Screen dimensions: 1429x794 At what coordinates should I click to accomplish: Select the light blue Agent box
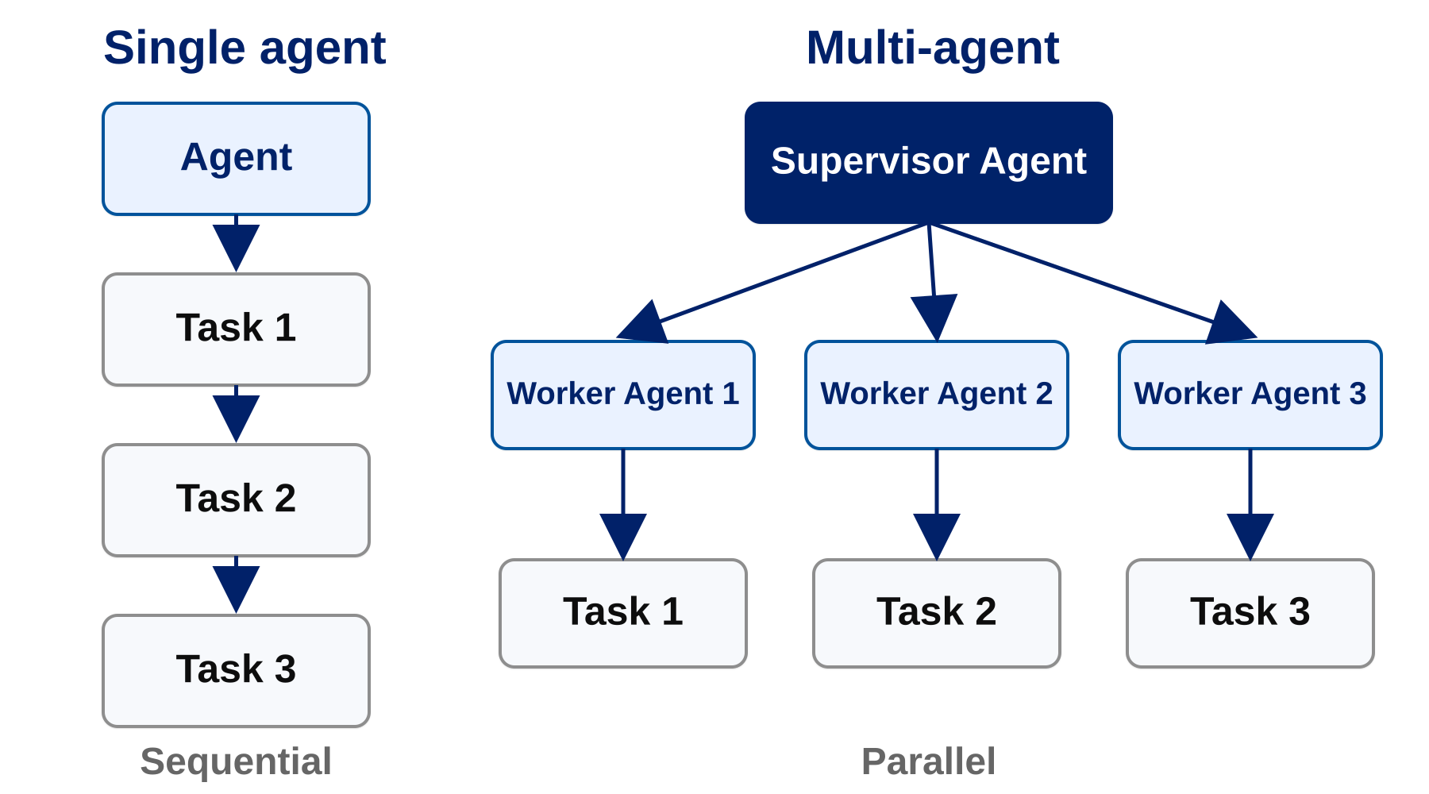coord(236,159)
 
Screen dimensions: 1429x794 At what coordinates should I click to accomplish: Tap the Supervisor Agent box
coord(929,163)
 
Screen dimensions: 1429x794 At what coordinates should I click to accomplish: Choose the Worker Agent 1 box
coord(623,395)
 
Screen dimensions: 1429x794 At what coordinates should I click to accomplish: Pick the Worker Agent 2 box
coord(937,395)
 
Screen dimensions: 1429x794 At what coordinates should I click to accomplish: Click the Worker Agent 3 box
coord(1250,395)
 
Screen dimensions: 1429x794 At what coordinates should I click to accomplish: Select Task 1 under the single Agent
coord(236,330)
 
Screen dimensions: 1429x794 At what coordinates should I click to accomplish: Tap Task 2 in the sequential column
coord(236,500)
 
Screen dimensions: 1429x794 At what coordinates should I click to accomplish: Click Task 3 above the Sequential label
coord(236,671)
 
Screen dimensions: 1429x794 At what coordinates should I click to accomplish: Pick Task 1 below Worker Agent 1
coord(623,613)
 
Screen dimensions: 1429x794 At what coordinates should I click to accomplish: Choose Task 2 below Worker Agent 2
coord(937,613)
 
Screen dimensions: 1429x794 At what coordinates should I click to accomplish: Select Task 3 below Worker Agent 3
coord(1250,613)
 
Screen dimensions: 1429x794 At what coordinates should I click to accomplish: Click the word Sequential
coord(236,762)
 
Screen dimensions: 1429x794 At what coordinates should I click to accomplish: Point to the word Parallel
coord(928,761)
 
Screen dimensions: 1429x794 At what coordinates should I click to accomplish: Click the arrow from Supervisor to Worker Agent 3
coord(1092,282)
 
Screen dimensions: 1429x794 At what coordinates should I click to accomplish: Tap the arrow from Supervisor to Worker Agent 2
coord(933,282)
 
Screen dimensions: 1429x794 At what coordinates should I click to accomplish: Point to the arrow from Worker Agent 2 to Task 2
coord(937,505)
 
